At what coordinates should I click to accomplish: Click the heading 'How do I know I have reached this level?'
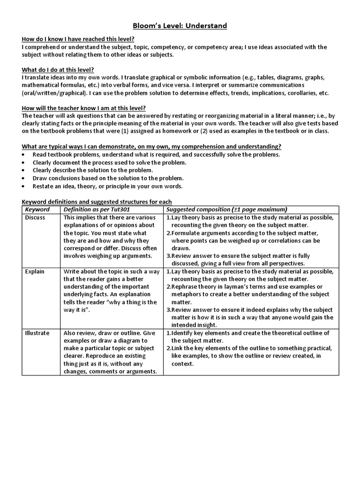pyautogui.click(x=81, y=39)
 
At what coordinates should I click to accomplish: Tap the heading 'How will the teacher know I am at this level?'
pyautogui.click(x=84, y=108)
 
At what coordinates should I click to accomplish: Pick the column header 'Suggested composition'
pyautogui.click(x=227, y=209)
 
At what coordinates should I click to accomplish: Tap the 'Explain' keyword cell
pyautogui.click(x=34, y=271)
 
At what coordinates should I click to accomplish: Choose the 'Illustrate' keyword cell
pyautogui.click(x=37, y=333)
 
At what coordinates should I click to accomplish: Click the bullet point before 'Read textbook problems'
pyautogui.click(x=24, y=155)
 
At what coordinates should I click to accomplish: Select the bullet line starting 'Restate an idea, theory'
pyautogui.click(x=107, y=186)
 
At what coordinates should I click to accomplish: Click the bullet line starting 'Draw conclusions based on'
pyautogui.click(x=108, y=178)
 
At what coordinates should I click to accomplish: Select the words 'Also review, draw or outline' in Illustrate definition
pyautogui.click(x=102, y=333)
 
